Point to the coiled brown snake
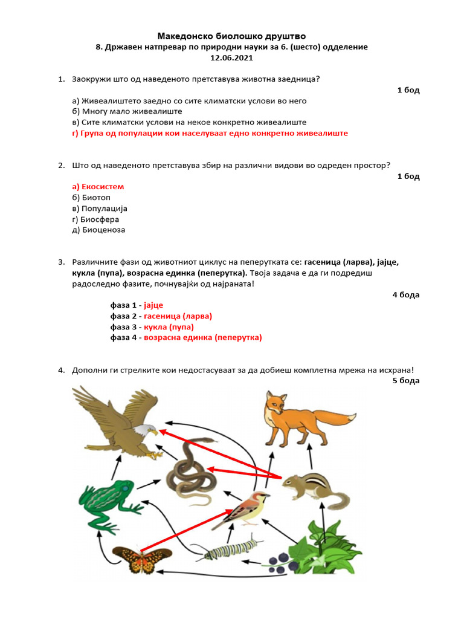[190, 472]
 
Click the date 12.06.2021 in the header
[231, 58]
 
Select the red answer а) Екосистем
[98, 187]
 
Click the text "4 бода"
[405, 295]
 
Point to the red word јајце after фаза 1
[153, 305]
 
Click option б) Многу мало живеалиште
[127, 111]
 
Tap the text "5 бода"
[405, 381]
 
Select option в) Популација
[100, 209]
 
